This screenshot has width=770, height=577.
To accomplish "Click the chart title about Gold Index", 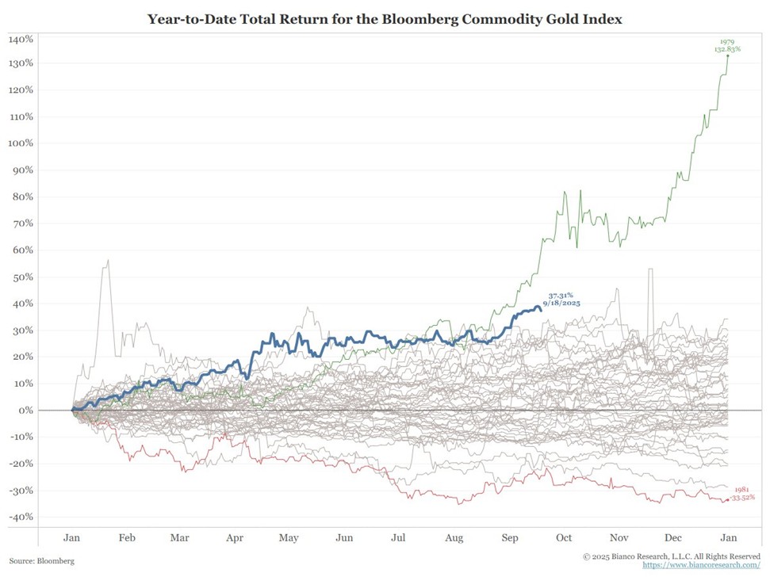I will tap(385, 18).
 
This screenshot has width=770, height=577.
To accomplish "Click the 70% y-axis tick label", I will tap(22, 224).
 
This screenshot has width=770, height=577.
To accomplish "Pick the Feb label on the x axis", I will tap(126, 537).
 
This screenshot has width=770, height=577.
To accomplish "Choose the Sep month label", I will tap(510, 537).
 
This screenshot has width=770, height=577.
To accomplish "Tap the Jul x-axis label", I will tap(399, 537).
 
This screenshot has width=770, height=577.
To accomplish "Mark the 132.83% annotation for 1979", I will tap(727, 49).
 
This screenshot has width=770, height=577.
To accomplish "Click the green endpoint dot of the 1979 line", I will tap(728, 55).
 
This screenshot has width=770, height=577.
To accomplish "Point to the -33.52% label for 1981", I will tap(742, 498).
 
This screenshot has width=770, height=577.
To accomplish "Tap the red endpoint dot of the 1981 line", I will tap(727, 499).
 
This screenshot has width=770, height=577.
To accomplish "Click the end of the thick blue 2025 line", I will tap(541, 309).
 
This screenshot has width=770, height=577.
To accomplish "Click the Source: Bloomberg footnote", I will tap(43, 560).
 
